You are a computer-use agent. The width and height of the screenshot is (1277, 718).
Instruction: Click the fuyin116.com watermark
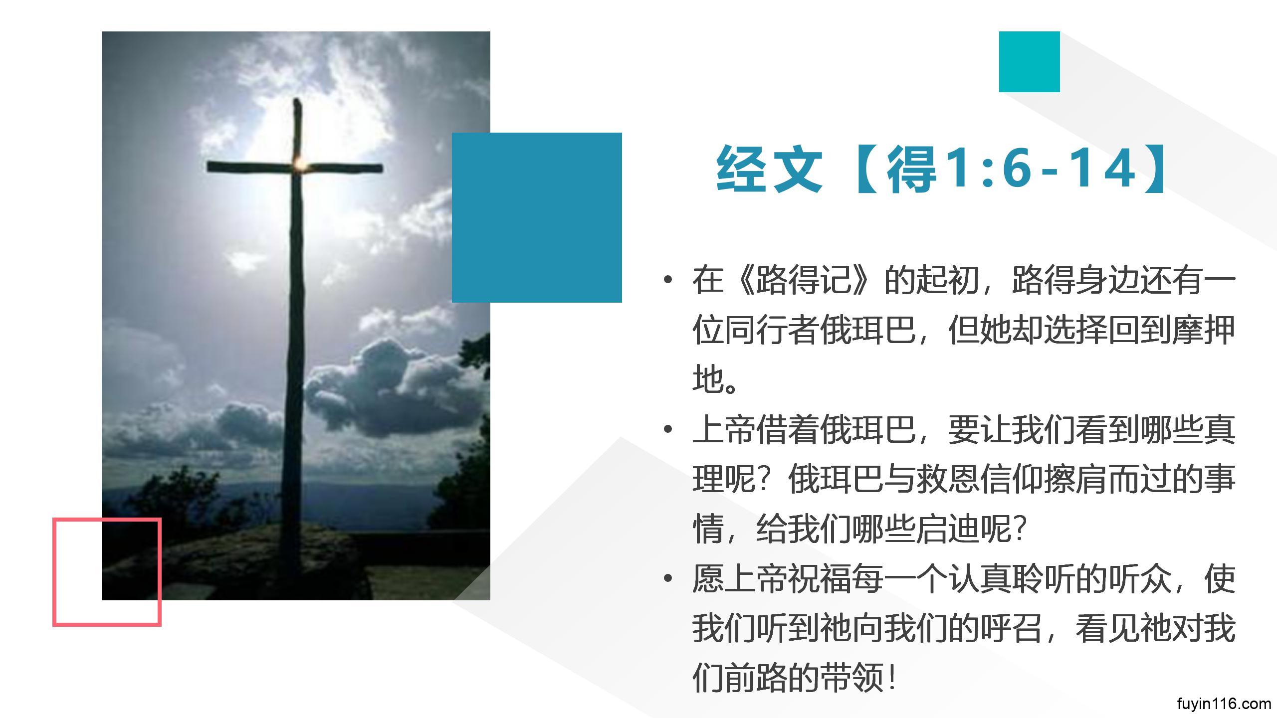1224,704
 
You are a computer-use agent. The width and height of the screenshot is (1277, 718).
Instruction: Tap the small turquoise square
1029,62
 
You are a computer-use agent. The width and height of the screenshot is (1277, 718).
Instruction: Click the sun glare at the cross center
299,163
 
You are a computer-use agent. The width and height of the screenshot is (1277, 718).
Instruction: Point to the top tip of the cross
298,100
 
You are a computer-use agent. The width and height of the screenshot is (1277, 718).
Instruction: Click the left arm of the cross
249,167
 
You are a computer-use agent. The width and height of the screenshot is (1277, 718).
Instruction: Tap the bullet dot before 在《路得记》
668,280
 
